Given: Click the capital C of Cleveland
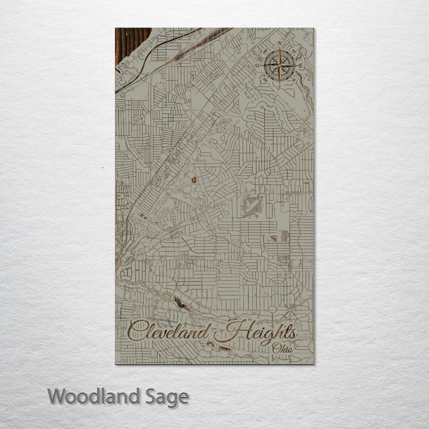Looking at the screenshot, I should [x=138, y=331].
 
